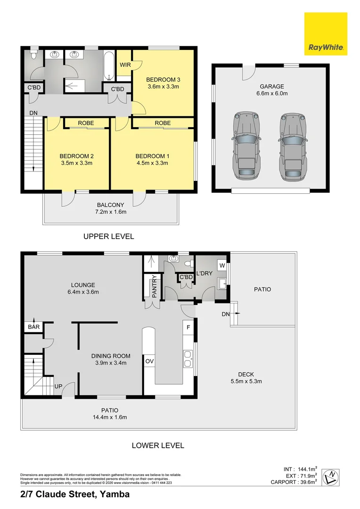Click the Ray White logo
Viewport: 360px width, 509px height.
coord(326,34)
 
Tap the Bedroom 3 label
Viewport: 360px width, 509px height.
coord(164,80)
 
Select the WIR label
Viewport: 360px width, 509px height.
coord(125,65)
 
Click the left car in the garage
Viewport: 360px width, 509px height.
coord(247,147)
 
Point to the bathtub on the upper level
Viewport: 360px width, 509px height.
coord(110,66)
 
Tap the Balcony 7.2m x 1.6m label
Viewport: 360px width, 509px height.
coord(110,208)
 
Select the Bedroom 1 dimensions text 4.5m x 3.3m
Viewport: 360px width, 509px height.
coord(152,163)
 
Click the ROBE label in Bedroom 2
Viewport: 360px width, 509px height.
coord(86,123)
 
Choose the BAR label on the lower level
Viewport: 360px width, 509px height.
coord(34,327)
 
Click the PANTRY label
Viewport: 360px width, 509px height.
coord(154,287)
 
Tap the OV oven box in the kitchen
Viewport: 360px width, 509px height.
coord(149,361)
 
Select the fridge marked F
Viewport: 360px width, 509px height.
coord(188,327)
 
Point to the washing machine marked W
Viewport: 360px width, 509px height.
coord(222,265)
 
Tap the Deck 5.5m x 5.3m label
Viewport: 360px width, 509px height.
coord(246,378)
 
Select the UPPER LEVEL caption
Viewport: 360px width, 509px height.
coord(109,236)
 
